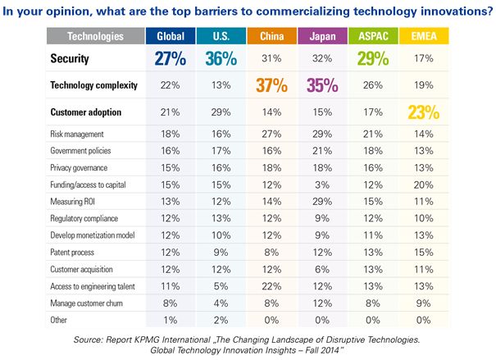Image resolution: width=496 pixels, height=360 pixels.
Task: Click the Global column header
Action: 170,37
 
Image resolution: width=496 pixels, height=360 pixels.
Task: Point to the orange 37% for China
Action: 270,85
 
